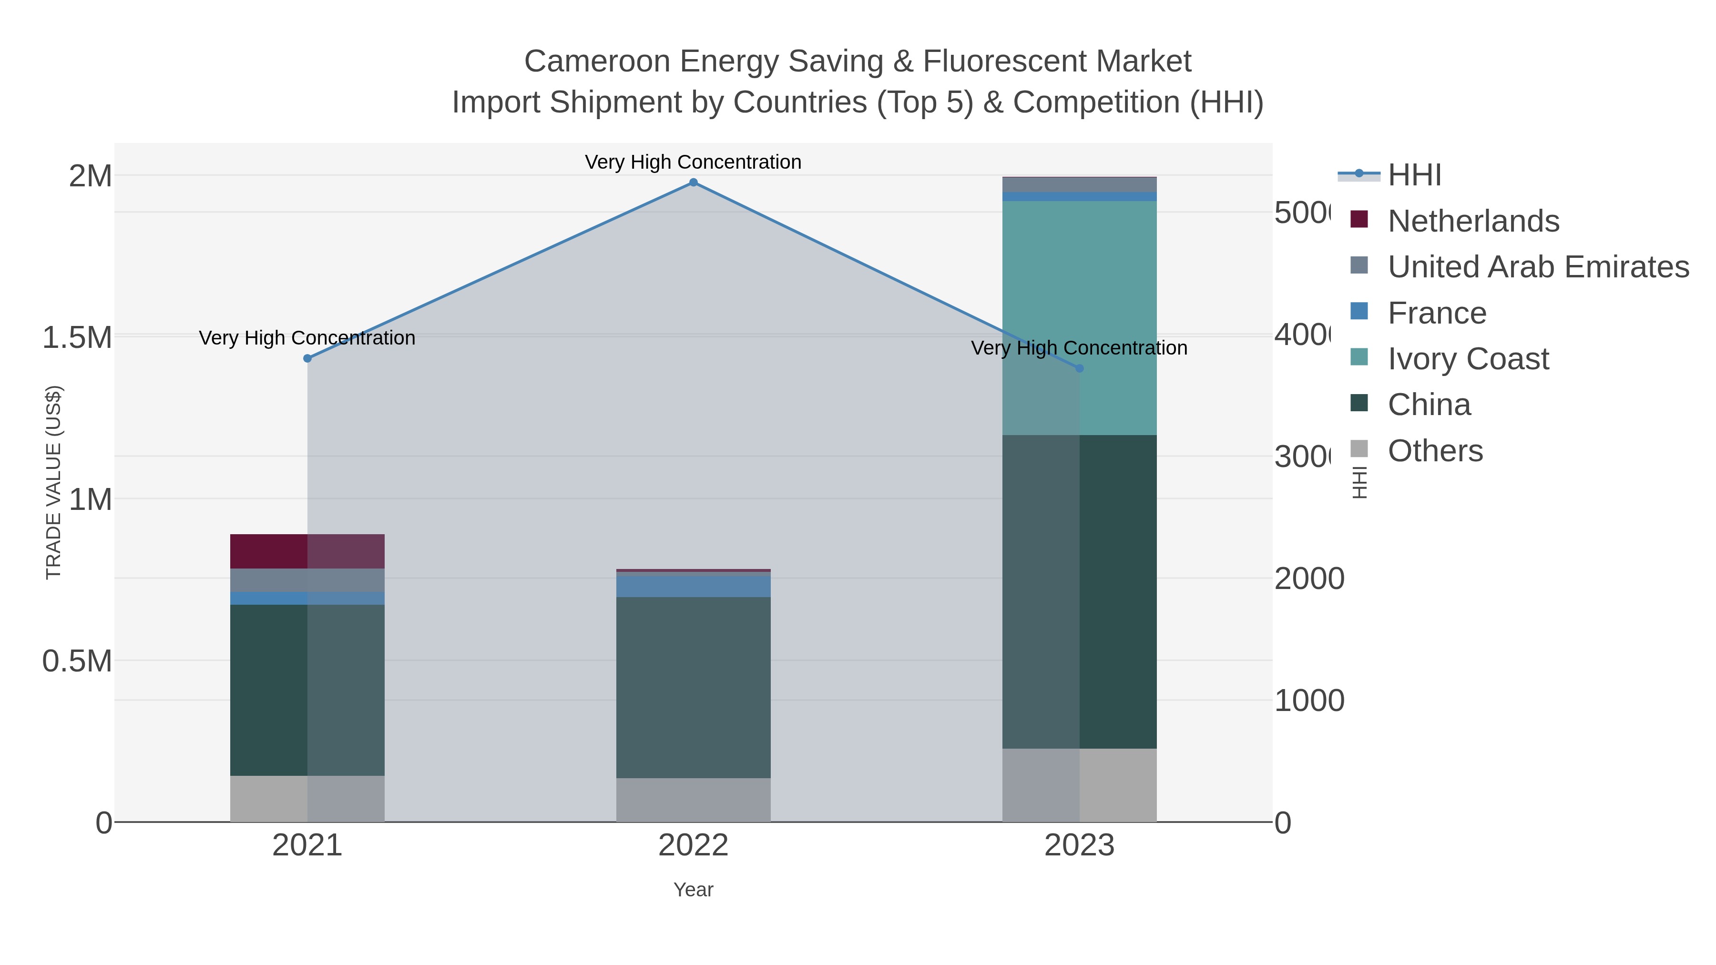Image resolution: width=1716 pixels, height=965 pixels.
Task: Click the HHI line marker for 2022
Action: tap(693, 183)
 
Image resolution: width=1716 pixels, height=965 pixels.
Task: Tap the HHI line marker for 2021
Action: tap(307, 358)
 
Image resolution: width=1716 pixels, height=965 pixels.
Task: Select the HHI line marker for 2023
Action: tap(1079, 368)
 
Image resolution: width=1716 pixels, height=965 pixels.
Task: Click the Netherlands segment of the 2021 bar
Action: tap(307, 551)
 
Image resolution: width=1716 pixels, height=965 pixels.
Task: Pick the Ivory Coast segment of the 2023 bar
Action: tap(1079, 318)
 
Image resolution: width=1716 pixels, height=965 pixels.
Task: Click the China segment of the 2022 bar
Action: tap(693, 687)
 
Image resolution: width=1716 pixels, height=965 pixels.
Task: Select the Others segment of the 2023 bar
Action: tap(1079, 785)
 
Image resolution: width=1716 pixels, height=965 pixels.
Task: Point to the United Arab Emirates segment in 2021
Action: tap(307, 580)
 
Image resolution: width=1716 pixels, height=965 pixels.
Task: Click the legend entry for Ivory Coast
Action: tap(1468, 359)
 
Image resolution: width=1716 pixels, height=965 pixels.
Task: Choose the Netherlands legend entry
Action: tap(1473, 221)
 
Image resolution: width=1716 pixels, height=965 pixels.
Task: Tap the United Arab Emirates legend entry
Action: tap(1537, 267)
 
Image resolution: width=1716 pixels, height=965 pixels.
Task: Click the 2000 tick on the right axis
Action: tap(1308, 579)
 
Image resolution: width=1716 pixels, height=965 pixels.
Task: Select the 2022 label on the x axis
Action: tap(693, 846)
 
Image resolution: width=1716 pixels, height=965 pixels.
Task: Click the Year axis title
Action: tap(693, 890)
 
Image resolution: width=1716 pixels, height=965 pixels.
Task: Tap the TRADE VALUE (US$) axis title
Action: tap(53, 482)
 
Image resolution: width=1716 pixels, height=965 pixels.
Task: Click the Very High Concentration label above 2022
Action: tap(693, 162)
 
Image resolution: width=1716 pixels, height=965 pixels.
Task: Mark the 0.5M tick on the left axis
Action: tap(77, 661)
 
